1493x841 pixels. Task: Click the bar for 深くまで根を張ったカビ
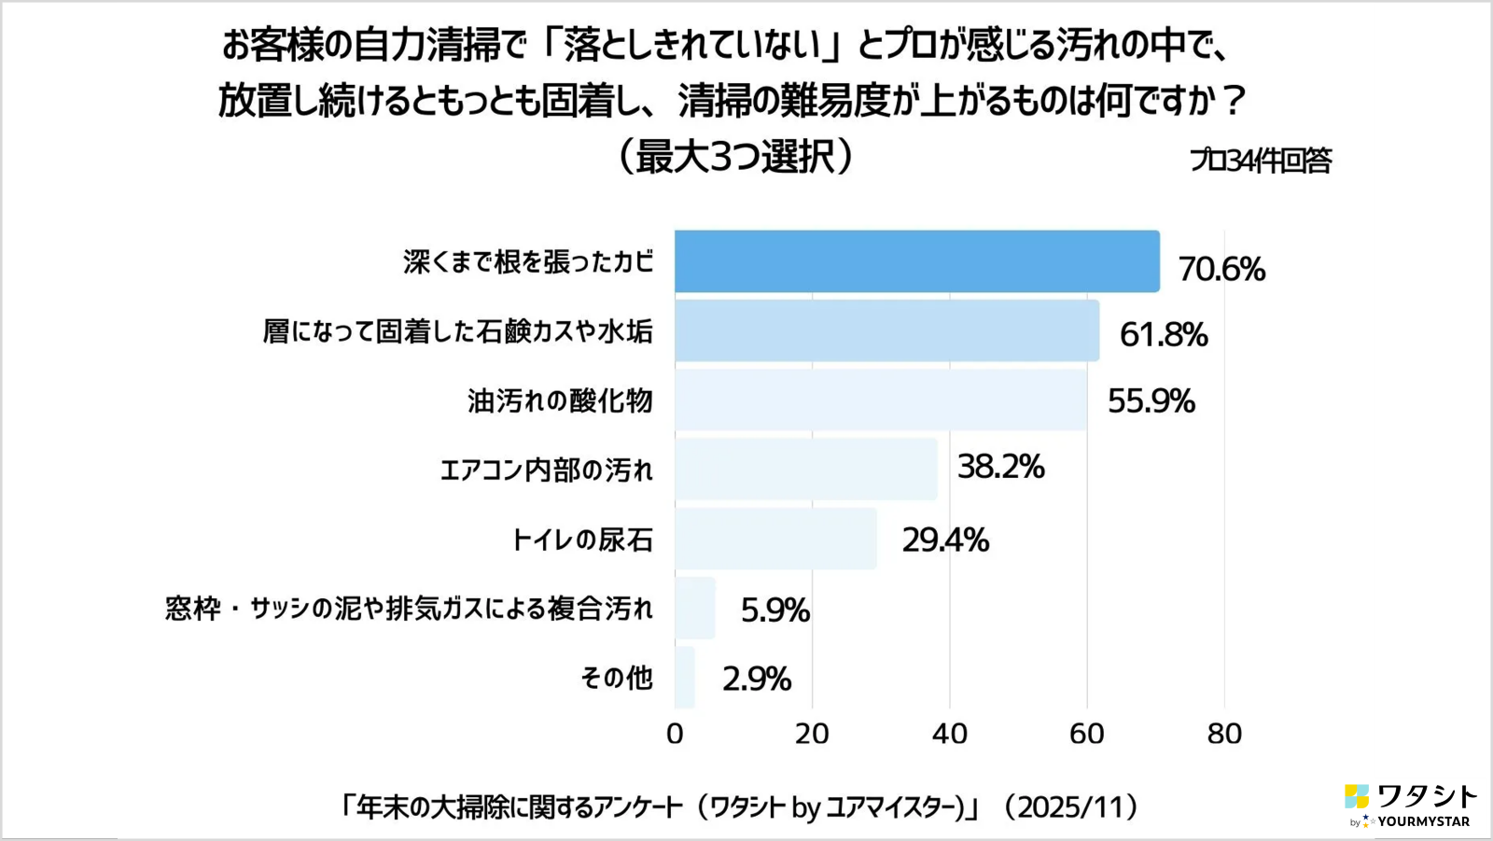[x=916, y=261]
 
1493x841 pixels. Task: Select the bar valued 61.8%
[x=886, y=330]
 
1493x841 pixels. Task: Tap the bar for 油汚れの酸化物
[x=880, y=399]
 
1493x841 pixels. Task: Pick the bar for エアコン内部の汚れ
[x=806, y=469]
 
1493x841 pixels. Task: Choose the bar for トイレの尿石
[x=775, y=539]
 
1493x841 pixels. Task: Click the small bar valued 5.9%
[x=695, y=608]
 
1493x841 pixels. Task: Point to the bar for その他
[x=685, y=678]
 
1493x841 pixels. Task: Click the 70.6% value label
[x=1221, y=269]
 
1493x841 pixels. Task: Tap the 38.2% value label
[x=1000, y=466]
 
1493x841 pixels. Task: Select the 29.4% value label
[x=944, y=540]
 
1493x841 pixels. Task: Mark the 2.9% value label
[x=756, y=679]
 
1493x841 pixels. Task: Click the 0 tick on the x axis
[x=675, y=734]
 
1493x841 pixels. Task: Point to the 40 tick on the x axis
[x=949, y=734]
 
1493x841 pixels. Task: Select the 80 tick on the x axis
[x=1224, y=734]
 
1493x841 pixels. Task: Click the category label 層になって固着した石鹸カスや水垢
[x=457, y=331]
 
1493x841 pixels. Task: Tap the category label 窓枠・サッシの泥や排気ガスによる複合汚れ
[x=409, y=609]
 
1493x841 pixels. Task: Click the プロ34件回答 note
[x=1260, y=161]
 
